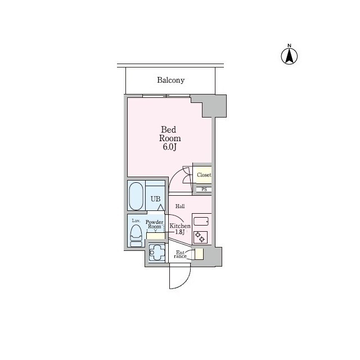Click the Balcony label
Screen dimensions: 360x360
(x=170, y=80)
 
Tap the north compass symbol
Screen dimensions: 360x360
(x=289, y=55)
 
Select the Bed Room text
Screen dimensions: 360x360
(x=170, y=134)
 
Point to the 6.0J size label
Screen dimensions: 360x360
(x=169, y=147)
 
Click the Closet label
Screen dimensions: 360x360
(x=204, y=175)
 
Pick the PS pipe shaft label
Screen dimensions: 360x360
(x=204, y=190)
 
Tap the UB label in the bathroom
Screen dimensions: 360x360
(x=155, y=199)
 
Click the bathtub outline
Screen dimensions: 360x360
(x=136, y=196)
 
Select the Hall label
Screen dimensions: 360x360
(x=180, y=206)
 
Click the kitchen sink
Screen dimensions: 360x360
(x=201, y=222)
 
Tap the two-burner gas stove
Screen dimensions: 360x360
(x=200, y=237)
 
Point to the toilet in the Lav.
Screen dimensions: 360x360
(x=136, y=236)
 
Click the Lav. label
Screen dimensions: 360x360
(x=136, y=221)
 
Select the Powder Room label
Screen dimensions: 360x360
(x=155, y=224)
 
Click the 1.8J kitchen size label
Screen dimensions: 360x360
(x=180, y=232)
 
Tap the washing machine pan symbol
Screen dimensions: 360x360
(x=156, y=253)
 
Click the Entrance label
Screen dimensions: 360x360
(x=180, y=254)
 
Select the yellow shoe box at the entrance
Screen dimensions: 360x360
(x=199, y=254)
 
